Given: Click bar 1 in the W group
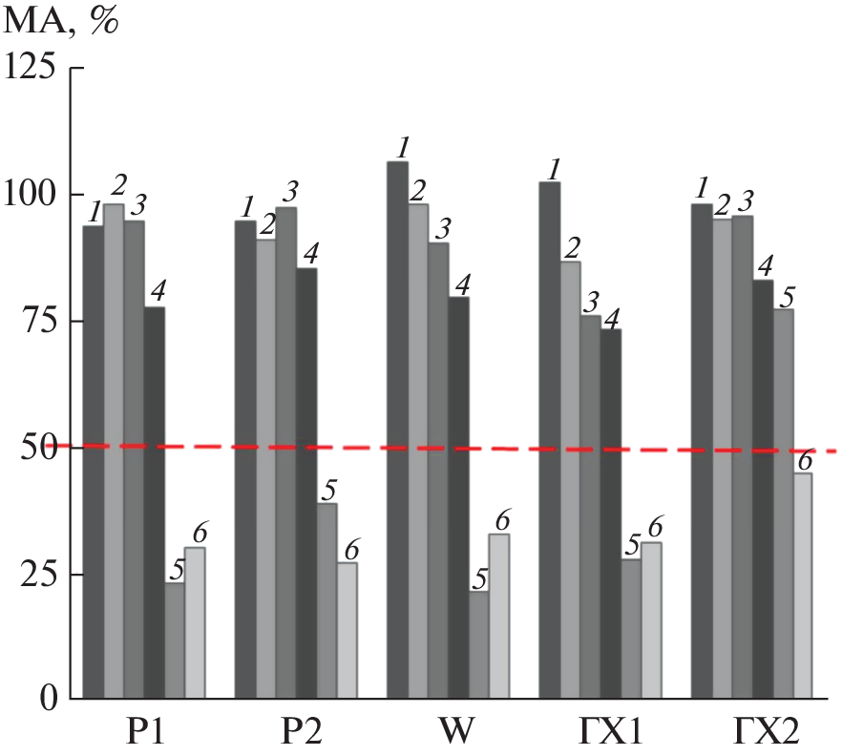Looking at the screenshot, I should pos(397,430).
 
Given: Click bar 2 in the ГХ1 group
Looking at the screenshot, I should pos(570,477).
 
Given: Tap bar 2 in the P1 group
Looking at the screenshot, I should pos(114,449).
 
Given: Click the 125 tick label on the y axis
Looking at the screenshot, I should pos(37,70).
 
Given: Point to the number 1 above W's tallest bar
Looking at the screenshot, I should pos(403,147).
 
